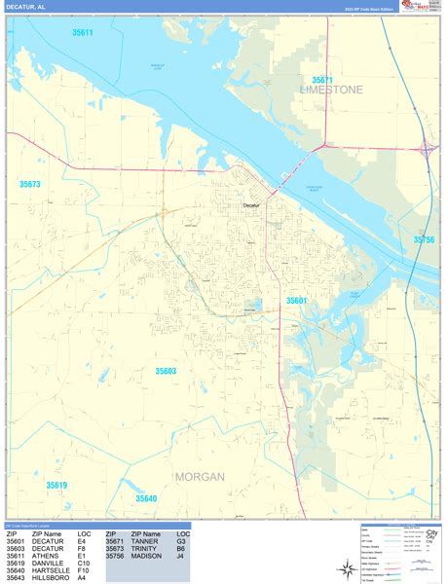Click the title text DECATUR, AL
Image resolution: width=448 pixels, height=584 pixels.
(x=28, y=7)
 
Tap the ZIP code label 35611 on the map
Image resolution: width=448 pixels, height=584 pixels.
(x=82, y=33)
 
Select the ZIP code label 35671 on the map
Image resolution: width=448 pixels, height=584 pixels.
(x=322, y=79)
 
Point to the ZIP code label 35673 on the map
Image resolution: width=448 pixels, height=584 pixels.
(x=30, y=184)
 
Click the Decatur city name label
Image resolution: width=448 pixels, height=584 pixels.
(x=251, y=205)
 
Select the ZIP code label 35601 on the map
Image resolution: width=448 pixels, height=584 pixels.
(x=296, y=301)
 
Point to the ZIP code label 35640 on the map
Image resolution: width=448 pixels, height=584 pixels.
(x=146, y=498)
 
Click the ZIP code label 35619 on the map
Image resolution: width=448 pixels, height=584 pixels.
(x=56, y=485)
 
